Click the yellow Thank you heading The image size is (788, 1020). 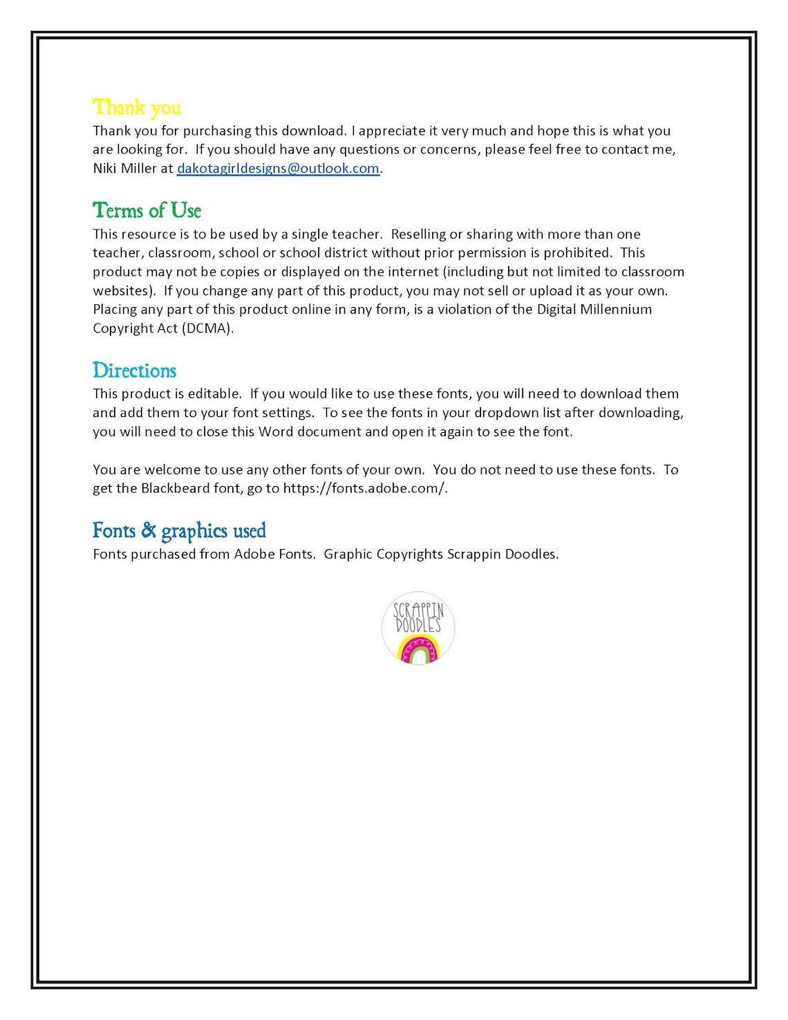click(137, 108)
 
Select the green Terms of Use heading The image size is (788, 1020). click(147, 210)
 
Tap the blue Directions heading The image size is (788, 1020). click(134, 371)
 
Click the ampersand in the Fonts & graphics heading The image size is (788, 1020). click(149, 530)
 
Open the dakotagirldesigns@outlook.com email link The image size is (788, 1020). click(278, 168)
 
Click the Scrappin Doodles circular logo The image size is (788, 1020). click(418, 628)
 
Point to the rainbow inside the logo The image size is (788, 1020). click(418, 651)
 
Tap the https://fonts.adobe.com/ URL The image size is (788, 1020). click(364, 488)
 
